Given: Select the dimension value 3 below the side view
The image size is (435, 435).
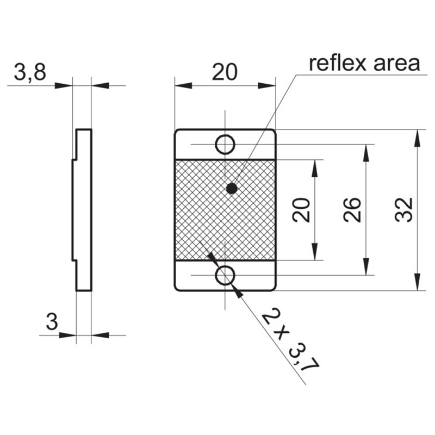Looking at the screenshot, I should tap(51, 322).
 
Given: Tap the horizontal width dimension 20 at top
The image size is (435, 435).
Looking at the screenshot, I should tap(225, 72).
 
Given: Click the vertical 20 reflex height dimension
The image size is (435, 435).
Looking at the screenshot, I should tap(302, 210).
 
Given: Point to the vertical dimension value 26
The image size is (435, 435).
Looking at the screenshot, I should tap(352, 210).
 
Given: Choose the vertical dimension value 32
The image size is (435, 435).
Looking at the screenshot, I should tap(404, 210).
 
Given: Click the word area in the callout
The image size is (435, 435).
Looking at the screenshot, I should tap(396, 64).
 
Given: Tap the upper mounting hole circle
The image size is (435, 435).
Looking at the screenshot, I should tap(225, 145).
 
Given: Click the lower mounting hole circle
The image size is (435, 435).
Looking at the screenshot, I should tap(225, 275).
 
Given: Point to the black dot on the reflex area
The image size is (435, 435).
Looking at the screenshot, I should tap(232, 189).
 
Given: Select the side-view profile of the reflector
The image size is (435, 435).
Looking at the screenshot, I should tap(83, 209).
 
